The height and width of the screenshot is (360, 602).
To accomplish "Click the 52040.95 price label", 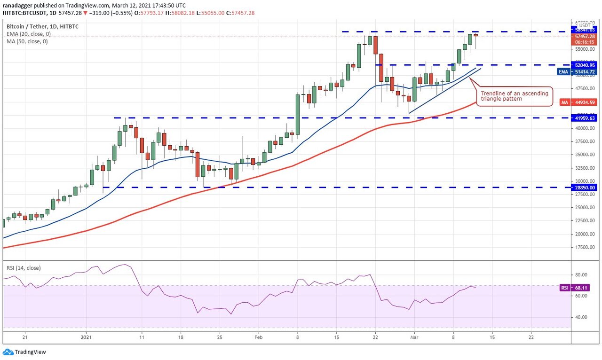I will pos(585,65).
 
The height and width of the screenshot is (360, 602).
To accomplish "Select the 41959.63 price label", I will pos(585,118).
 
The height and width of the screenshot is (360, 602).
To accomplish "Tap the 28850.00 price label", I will pos(585,188).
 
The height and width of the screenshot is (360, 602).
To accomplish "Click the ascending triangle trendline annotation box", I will pos(514,96).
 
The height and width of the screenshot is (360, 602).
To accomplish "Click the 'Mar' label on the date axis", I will pos(414,337).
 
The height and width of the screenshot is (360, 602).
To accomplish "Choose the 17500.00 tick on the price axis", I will pos(585,247).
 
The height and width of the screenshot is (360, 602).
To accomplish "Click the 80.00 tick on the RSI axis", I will pos(581,275).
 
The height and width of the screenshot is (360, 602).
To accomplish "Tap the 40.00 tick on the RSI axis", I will pos(581,317).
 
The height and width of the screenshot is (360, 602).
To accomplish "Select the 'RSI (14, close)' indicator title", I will pos(24,268).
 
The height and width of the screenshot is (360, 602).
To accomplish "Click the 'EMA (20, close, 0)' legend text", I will pos(29,34).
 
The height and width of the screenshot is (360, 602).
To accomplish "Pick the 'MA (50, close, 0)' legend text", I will pos(27,41).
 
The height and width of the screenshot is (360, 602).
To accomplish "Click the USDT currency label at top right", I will pos(585,26).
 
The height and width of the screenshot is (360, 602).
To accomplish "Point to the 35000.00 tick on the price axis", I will pos(585,155).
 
